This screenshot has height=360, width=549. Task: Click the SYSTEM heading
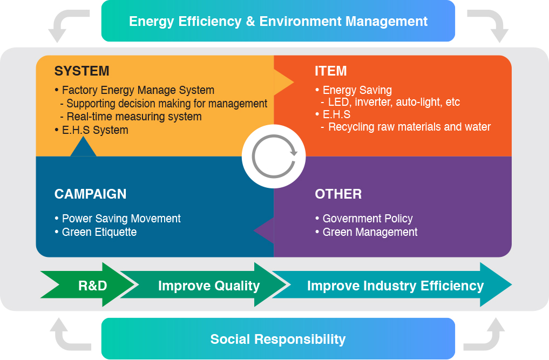tap(82, 71)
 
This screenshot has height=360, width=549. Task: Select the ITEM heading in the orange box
tap(330, 71)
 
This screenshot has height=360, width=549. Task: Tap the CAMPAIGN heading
tap(90, 194)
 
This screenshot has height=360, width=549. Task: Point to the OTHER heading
tap(338, 194)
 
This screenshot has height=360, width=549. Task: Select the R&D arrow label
tap(92, 286)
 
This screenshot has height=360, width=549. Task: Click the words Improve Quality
tap(209, 286)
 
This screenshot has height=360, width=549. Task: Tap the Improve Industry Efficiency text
tap(395, 286)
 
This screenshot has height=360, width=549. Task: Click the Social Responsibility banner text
tap(278, 339)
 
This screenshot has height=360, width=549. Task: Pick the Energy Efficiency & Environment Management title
tap(279, 22)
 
